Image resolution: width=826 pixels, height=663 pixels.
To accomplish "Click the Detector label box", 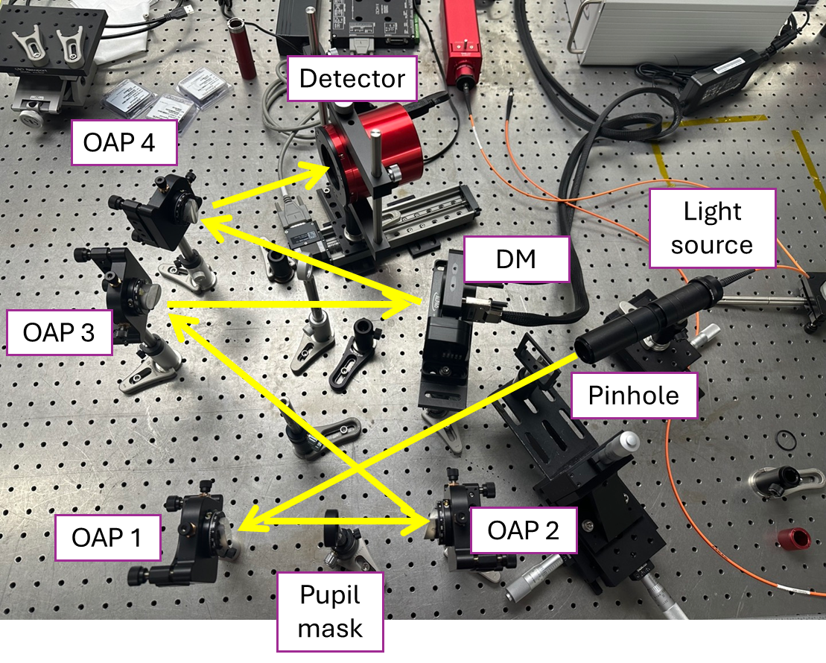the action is tap(352, 78).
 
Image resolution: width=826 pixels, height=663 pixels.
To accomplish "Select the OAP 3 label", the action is tap(59, 332).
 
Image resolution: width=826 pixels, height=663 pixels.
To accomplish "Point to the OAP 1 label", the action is tap(107, 536).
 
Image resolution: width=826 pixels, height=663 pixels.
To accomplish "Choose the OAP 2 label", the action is tap(522, 530).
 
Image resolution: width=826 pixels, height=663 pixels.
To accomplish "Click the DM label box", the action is tap(515, 259).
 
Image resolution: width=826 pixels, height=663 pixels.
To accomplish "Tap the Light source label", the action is tap(712, 227).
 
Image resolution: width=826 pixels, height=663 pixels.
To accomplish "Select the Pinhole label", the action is tap(634, 395).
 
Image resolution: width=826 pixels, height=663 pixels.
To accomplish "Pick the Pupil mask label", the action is tap(330, 612).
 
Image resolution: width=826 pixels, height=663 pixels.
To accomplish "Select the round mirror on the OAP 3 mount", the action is tap(149, 296).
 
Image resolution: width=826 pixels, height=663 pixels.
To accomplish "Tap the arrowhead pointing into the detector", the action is tap(321, 170).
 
